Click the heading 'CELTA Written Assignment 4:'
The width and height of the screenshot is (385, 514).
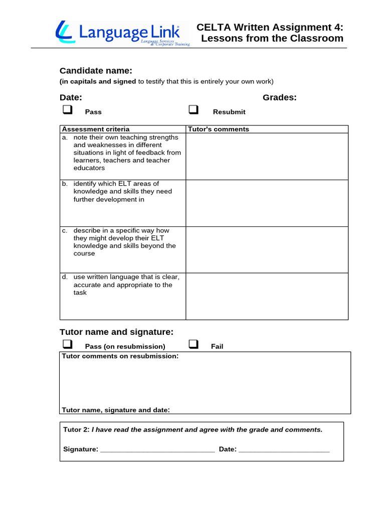(x=270, y=27)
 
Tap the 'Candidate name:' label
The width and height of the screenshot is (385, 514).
(x=96, y=71)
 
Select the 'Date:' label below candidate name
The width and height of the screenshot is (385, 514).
(x=71, y=97)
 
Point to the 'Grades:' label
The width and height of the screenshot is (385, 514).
(x=280, y=97)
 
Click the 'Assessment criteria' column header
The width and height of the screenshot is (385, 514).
(x=96, y=129)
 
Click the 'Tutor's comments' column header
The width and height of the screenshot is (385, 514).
(x=218, y=129)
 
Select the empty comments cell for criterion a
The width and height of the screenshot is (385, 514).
(x=267, y=156)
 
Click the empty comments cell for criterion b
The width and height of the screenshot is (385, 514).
(x=267, y=203)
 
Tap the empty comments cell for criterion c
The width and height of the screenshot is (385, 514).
(x=267, y=249)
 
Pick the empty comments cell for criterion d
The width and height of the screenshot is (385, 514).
(x=267, y=296)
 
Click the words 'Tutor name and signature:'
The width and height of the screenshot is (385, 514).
(x=116, y=332)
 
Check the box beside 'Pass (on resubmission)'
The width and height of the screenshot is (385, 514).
(x=67, y=344)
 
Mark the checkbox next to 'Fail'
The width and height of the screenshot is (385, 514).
(x=194, y=344)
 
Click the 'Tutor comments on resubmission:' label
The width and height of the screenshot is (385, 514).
(x=120, y=356)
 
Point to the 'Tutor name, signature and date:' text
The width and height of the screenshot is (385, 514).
(x=116, y=410)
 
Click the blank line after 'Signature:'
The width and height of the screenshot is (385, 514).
(x=157, y=450)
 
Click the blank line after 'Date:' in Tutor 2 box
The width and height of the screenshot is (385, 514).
(x=284, y=450)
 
